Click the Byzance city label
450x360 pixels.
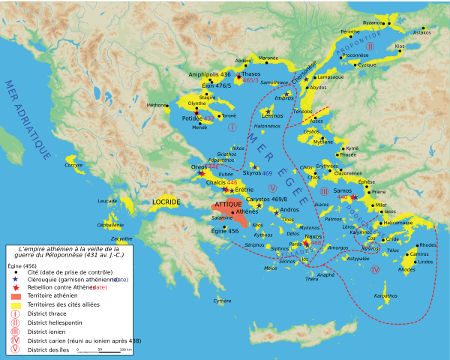[372, 23]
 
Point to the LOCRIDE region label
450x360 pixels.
[166, 202]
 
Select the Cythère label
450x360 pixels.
[222, 301]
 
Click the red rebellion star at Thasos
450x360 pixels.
[239, 76]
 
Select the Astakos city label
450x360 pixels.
[422, 32]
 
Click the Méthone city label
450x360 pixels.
[158, 106]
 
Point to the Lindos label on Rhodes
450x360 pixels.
[425, 262]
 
